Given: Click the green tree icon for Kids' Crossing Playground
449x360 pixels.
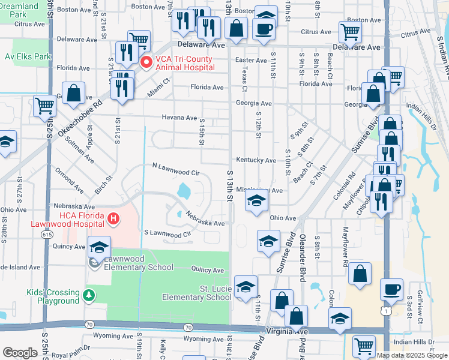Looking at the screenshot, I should point(89,295).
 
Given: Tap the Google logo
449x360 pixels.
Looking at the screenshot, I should point(20,353).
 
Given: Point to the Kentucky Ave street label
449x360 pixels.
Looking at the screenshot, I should point(256,161).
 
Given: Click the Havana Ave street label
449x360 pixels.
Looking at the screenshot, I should point(178,118).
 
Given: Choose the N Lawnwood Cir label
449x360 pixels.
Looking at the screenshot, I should point(175,168).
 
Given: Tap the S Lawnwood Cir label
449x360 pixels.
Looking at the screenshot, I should point(167,233).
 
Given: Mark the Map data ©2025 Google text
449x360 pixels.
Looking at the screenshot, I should point(411,355).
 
